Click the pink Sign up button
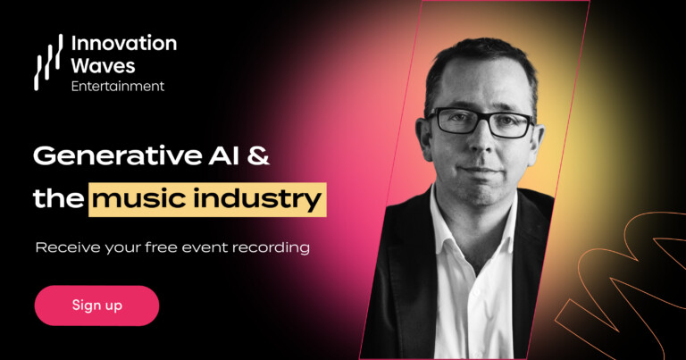96,306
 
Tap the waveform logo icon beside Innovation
48,63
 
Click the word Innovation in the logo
124,43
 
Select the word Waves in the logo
103,65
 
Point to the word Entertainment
118,86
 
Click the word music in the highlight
139,199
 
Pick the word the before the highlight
59,199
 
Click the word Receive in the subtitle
68,247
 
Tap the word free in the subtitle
161,247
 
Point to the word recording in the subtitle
271,248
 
